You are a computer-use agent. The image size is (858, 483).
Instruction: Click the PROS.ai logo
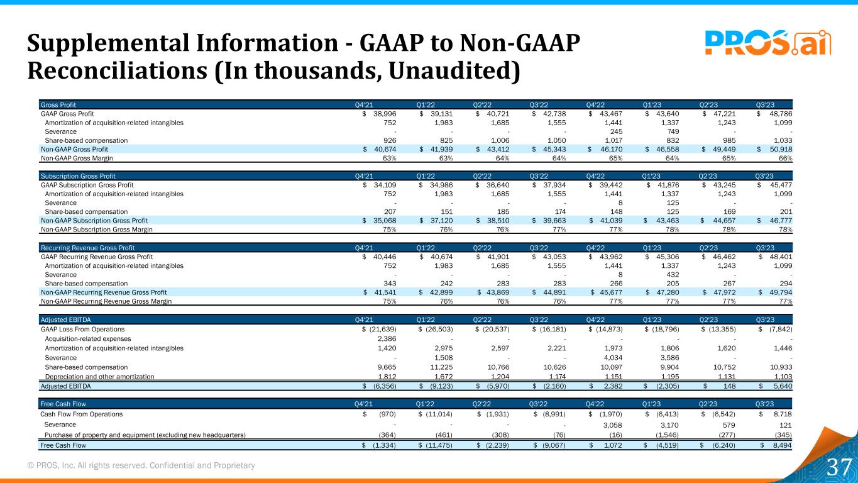click(x=768, y=42)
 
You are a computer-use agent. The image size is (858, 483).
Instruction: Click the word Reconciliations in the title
click(x=117, y=70)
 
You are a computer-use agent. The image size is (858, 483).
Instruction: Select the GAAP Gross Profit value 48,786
click(x=781, y=114)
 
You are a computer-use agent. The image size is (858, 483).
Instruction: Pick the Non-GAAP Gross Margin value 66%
click(x=786, y=158)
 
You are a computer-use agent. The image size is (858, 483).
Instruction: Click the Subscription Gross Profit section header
click(x=78, y=176)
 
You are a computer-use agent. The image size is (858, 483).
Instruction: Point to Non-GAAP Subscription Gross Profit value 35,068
click(x=385, y=220)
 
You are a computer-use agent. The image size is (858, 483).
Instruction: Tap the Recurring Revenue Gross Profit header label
click(x=88, y=248)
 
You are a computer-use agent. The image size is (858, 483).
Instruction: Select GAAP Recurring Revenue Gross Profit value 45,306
click(x=668, y=257)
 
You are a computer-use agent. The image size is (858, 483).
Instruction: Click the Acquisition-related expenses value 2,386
click(x=387, y=338)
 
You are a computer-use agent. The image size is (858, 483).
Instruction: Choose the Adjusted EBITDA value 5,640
click(x=783, y=386)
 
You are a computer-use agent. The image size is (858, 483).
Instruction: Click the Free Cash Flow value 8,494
click(x=782, y=445)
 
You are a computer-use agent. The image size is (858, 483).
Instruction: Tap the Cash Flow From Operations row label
click(x=81, y=414)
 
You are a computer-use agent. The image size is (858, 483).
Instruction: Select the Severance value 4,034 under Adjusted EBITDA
click(x=613, y=358)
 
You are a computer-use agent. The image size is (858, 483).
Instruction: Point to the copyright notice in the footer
click(x=141, y=465)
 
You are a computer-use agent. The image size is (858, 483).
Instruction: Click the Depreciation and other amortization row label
click(x=99, y=377)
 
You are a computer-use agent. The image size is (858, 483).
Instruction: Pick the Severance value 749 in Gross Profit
click(x=673, y=131)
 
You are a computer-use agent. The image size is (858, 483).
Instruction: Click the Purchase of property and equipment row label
click(x=145, y=435)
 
